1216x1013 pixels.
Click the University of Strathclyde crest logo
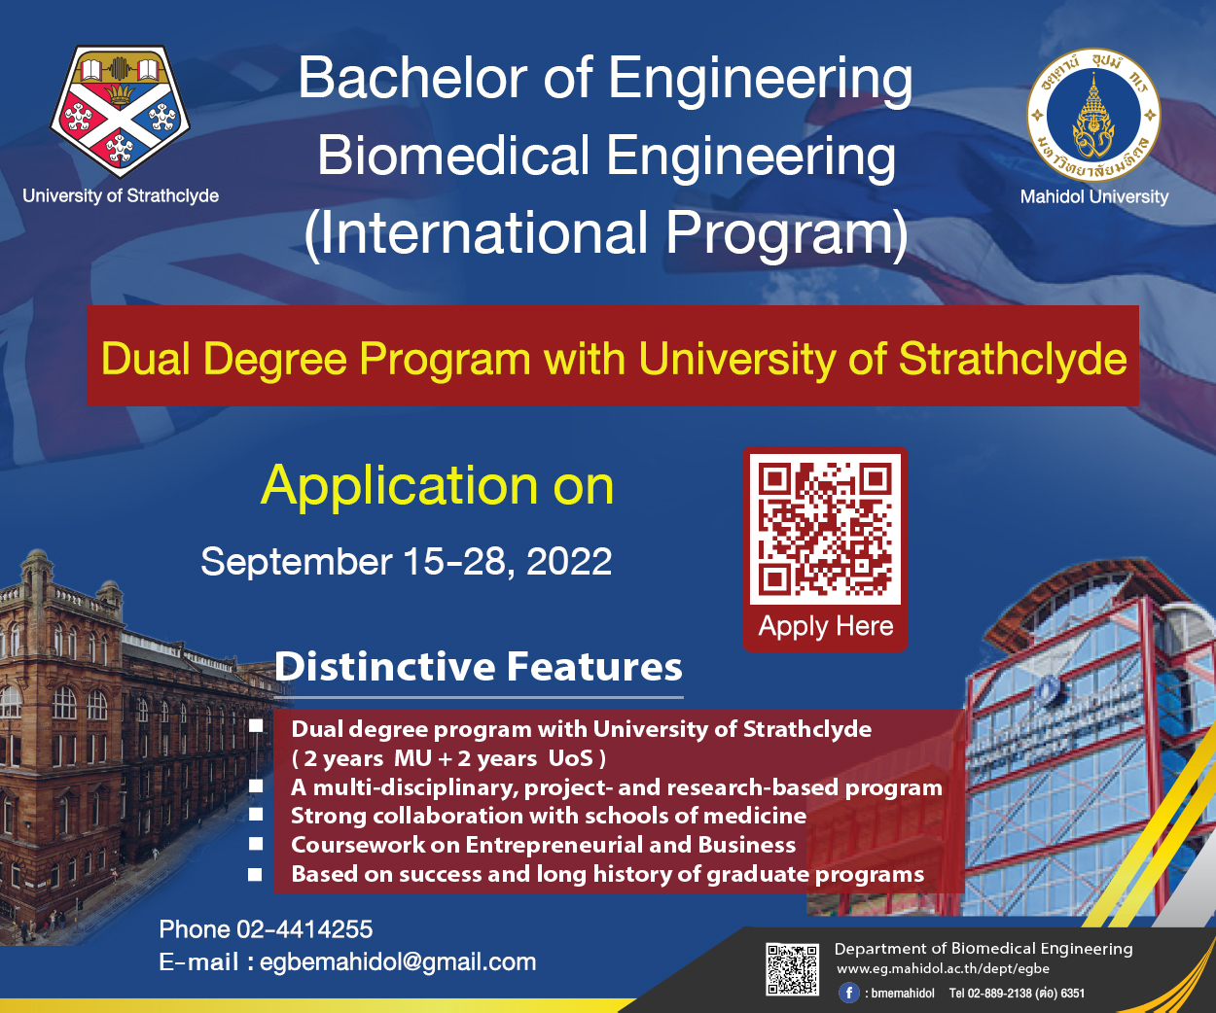120,111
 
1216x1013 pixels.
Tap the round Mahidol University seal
1093,115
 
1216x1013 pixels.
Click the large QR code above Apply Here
825,529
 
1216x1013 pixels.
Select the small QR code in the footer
792,969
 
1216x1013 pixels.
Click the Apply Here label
825,627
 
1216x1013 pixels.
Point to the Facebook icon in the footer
849,993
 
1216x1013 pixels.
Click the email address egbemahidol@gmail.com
398,962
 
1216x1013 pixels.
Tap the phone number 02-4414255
304,929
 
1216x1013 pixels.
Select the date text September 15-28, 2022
406,562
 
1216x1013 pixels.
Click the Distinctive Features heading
478,666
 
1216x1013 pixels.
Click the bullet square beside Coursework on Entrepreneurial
256,844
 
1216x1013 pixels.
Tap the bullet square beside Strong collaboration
256,815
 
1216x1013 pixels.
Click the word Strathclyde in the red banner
1013,359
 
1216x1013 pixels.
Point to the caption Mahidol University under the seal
1093,196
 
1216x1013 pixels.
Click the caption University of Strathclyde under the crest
121,195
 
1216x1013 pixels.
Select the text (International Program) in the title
606,234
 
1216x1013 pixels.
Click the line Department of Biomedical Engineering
984,949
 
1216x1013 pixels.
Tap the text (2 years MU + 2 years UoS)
448,758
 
